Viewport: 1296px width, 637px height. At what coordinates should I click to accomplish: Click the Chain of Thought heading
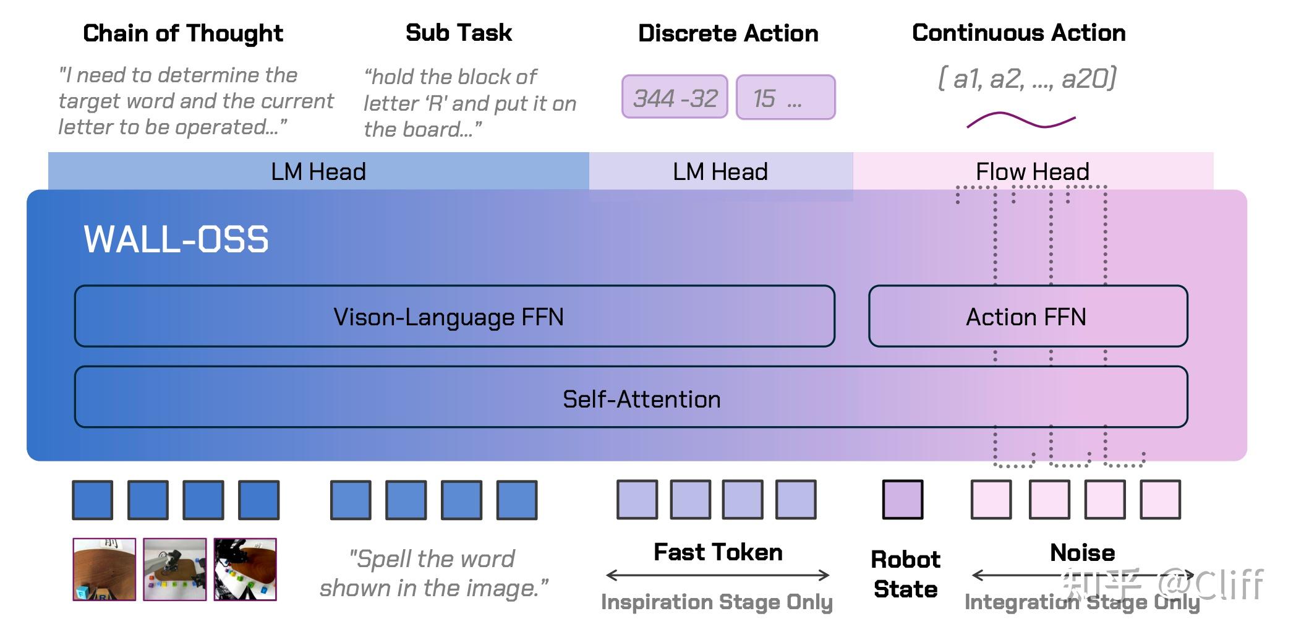click(x=183, y=33)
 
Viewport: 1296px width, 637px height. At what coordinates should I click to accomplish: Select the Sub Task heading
click(x=459, y=33)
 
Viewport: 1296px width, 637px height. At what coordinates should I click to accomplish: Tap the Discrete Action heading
click(x=728, y=33)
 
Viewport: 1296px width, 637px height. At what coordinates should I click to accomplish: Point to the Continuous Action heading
click(x=1018, y=33)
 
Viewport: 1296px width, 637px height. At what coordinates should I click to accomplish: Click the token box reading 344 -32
click(x=675, y=97)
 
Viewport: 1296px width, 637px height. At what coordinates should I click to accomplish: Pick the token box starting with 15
click(x=785, y=97)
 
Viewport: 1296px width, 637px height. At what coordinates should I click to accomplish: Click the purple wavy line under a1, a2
click(x=1021, y=120)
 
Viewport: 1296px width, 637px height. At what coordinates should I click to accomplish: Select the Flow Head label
click(x=1032, y=171)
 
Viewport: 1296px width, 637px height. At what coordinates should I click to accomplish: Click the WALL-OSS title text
click(x=176, y=239)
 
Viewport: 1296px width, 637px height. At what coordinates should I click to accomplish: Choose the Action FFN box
click(x=1027, y=316)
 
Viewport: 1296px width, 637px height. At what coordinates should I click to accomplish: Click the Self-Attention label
click(x=641, y=399)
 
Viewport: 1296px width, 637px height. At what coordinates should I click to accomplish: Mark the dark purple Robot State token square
click(x=902, y=500)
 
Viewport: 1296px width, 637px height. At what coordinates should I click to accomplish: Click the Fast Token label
click(x=718, y=552)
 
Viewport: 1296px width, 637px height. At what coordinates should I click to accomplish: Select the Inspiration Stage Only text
click(x=717, y=602)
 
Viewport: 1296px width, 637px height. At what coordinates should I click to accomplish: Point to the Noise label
click(x=1082, y=552)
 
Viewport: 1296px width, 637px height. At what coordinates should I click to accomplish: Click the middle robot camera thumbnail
click(x=174, y=569)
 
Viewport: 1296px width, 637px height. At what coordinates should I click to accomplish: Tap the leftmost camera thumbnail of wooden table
click(x=104, y=569)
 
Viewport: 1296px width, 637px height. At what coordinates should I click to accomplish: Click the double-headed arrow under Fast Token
click(x=718, y=576)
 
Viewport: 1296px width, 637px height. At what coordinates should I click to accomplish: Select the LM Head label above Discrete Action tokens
click(x=720, y=171)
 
